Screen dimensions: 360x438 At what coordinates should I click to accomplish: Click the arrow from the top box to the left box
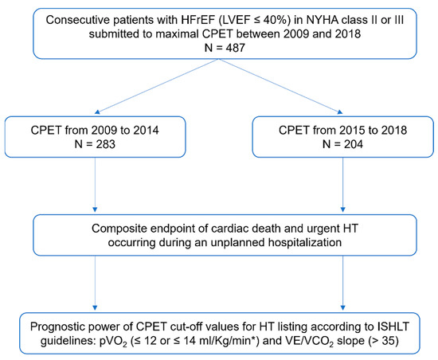pos(143,93)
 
